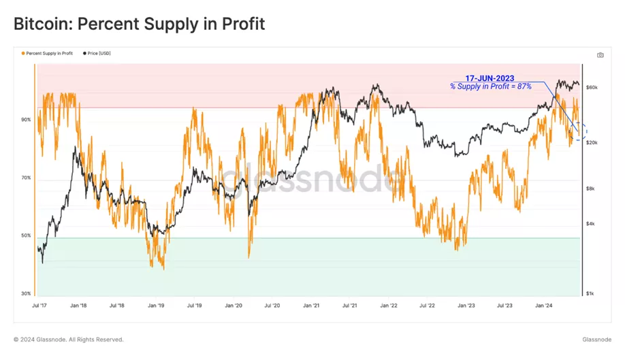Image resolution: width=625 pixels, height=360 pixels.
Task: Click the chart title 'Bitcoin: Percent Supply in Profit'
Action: [x=139, y=24]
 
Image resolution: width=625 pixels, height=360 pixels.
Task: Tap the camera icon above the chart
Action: [x=600, y=55]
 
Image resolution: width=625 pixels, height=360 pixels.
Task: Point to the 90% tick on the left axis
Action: [x=26, y=120]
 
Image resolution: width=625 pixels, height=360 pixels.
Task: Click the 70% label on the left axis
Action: [x=26, y=178]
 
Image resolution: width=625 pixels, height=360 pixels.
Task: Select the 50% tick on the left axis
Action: [x=26, y=236]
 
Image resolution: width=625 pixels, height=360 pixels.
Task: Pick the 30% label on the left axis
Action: [x=26, y=294]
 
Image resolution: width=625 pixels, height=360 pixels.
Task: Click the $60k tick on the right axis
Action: [x=592, y=88]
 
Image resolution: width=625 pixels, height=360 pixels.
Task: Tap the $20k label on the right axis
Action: [x=592, y=142]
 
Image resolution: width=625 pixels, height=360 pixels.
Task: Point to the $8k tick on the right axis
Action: [x=591, y=189]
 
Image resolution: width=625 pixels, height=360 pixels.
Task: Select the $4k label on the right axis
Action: [x=591, y=224]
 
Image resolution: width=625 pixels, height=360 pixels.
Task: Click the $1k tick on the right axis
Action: [x=591, y=294]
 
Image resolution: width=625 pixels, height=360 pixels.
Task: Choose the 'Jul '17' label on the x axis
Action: [x=39, y=306]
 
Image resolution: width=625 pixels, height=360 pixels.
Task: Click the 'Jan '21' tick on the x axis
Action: [x=312, y=306]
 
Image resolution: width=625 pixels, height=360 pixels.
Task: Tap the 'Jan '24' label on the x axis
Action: [x=543, y=306]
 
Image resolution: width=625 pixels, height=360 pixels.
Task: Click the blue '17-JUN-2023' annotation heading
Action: [x=490, y=78]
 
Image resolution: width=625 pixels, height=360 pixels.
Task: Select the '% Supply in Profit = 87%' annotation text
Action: [x=490, y=86]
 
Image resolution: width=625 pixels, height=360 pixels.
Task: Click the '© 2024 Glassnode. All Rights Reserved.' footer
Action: [x=69, y=340]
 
